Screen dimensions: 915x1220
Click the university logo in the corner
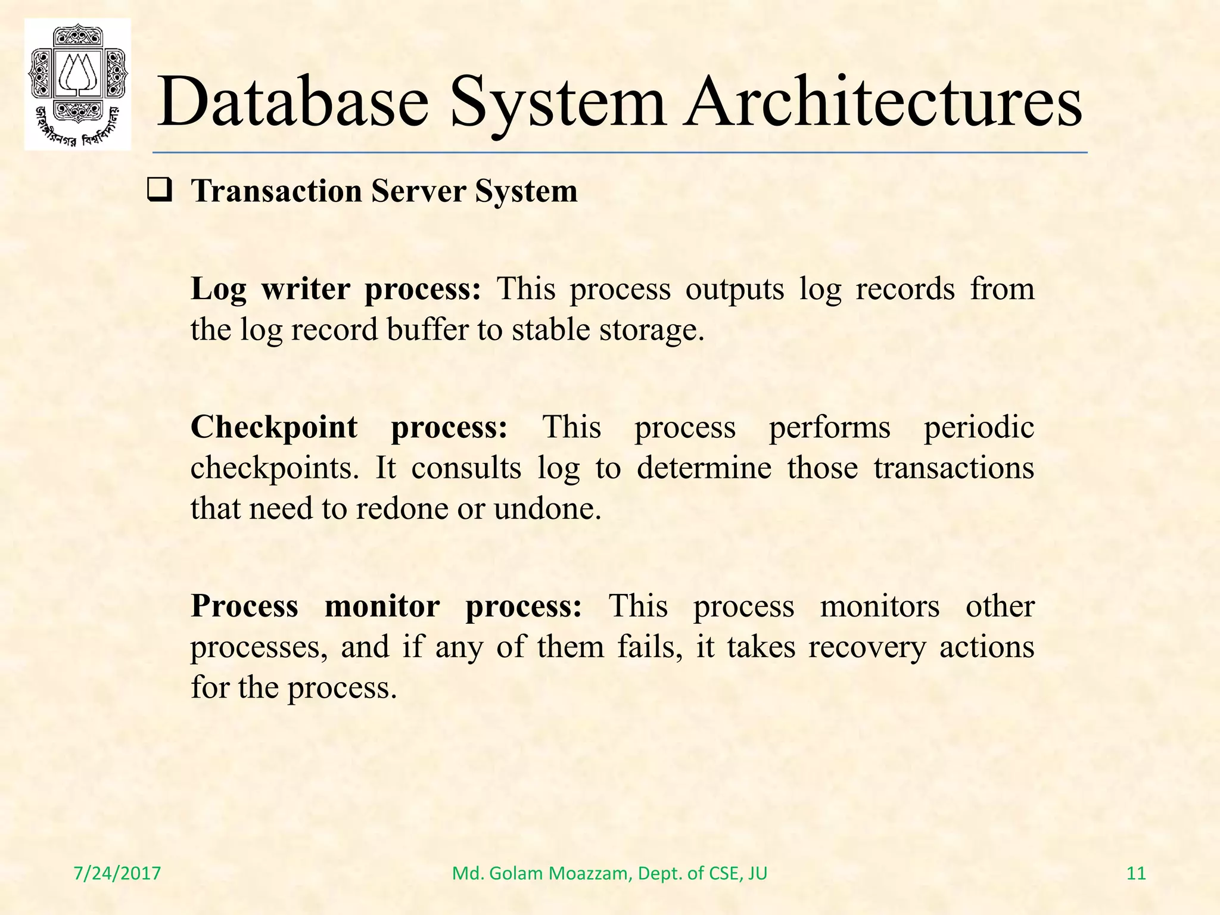pyautogui.click(x=77, y=84)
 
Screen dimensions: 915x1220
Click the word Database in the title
pyautogui.click(x=292, y=101)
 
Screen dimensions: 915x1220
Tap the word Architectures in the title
pyautogui.click(x=882, y=101)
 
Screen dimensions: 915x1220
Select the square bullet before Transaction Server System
pyautogui.click(x=160, y=191)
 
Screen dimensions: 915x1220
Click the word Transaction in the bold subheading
pyautogui.click(x=276, y=192)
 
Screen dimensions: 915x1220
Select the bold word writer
pyautogui.click(x=306, y=289)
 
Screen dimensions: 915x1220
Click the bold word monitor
pyautogui.click(x=382, y=606)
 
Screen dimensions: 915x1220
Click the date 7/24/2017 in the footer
pyautogui.click(x=117, y=873)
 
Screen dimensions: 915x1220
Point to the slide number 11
pyautogui.click(x=1137, y=873)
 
